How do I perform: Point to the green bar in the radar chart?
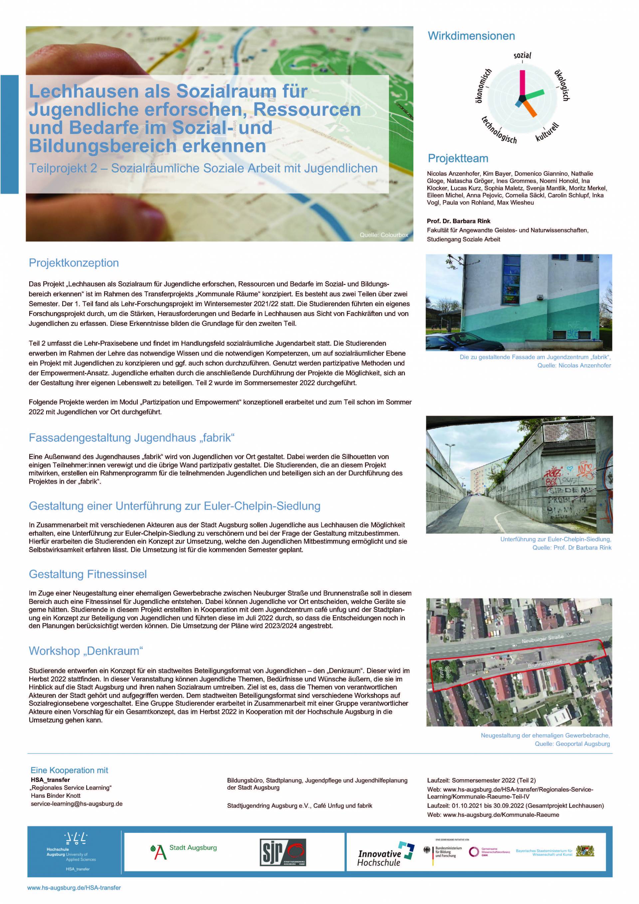(535, 93)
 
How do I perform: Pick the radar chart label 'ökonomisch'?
(483, 85)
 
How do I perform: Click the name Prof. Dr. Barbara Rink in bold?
(459, 221)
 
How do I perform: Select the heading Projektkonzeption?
(74, 263)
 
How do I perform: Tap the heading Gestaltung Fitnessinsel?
(88, 574)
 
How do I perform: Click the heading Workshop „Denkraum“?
(86, 651)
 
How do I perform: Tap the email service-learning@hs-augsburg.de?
(77, 804)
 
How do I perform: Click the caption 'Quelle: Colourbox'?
(383, 235)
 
